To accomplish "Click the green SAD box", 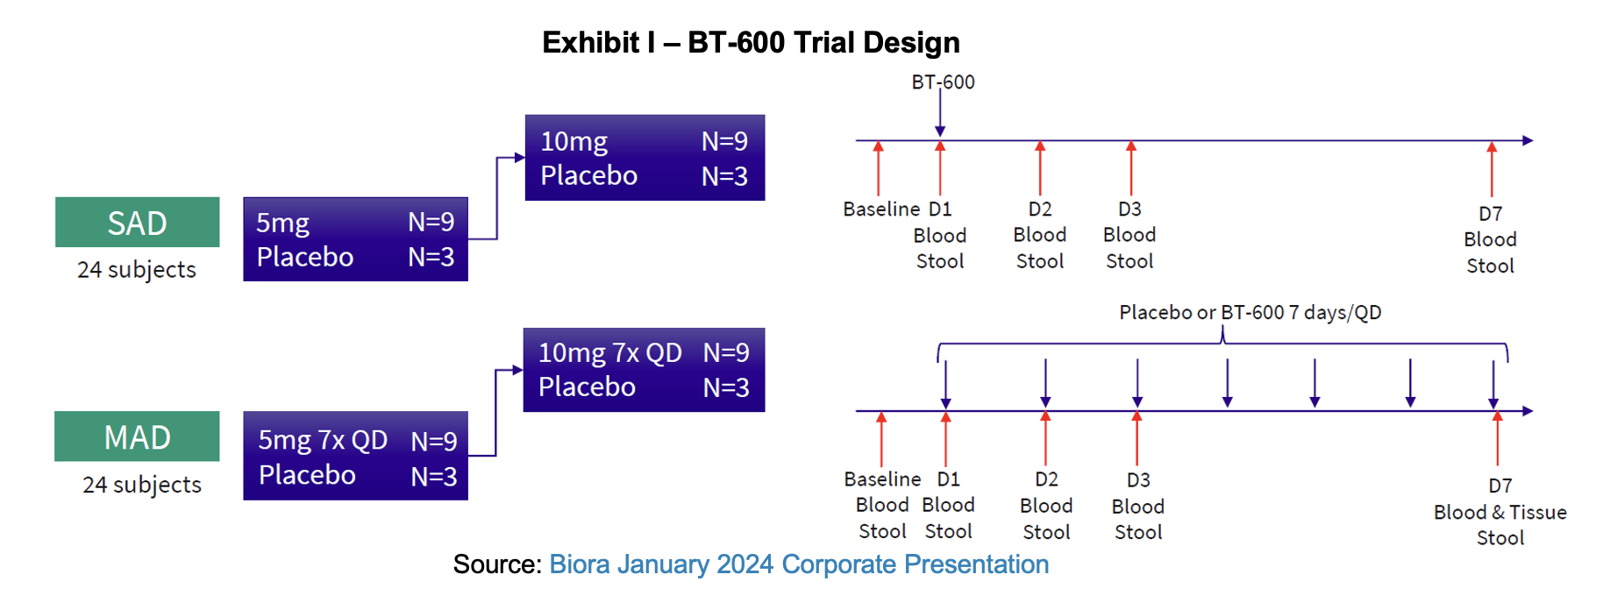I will [137, 223].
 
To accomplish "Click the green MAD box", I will [137, 436].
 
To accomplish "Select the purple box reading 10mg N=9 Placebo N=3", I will [645, 158].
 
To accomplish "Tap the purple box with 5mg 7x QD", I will [355, 456].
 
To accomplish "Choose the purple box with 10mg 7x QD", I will [644, 370].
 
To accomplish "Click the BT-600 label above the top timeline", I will [943, 82].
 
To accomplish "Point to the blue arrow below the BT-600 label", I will [940, 114].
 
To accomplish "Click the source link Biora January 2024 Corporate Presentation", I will [799, 564].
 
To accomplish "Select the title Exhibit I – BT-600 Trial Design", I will [751, 42].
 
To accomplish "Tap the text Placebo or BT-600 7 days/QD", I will [1250, 313].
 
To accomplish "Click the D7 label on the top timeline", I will [1490, 214].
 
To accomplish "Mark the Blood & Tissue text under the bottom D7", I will [1500, 513].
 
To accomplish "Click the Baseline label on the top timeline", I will [881, 209].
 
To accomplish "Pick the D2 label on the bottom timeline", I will [1046, 480].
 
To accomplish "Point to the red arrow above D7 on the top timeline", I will [1492, 168].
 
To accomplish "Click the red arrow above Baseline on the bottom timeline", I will [881, 438].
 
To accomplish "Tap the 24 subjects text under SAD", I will [137, 270].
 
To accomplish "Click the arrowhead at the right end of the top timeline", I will [1527, 140].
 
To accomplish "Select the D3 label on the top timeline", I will [1129, 209].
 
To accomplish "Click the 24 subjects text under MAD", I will [142, 485].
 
